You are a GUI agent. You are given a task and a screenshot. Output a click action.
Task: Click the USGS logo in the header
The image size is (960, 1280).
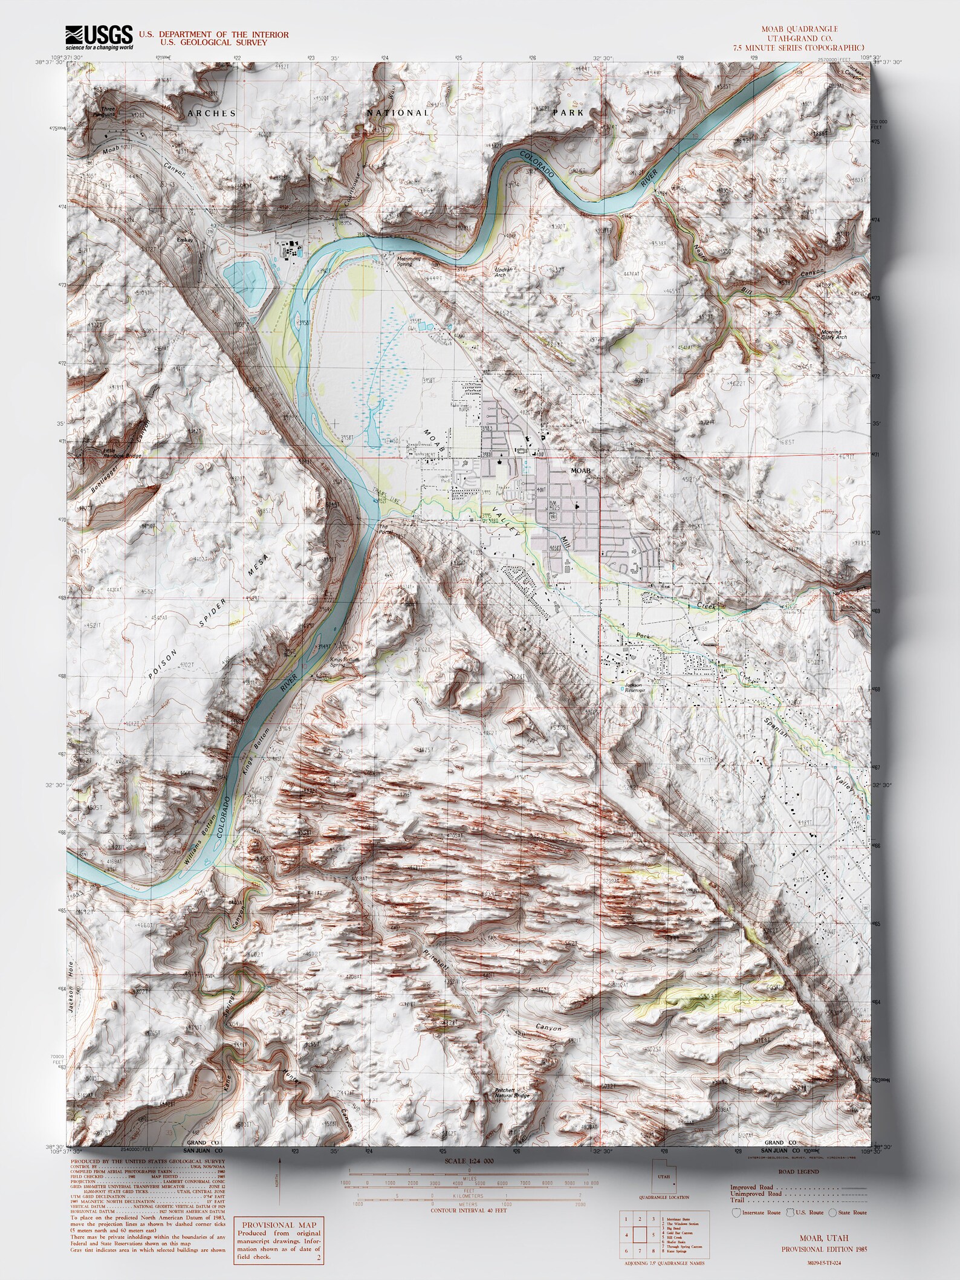[99, 37]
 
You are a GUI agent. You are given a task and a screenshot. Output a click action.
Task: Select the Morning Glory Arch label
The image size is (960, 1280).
[834, 334]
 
